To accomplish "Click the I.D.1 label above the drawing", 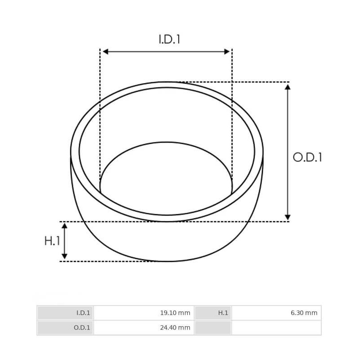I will tap(169, 39).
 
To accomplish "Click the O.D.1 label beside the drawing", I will tap(307, 157).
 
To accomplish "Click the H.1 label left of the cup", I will tap(52, 241).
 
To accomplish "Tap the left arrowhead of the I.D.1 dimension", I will tap(105, 52).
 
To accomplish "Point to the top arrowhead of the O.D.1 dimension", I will tap(288, 86).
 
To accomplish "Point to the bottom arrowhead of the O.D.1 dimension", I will tap(288, 217).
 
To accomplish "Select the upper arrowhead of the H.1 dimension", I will tap(64, 226).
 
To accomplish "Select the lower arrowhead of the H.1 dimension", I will tap(64, 256).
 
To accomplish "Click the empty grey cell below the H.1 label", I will tap(213, 328).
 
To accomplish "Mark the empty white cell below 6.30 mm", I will tap(276, 328).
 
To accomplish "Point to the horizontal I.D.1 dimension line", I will tap(166, 52).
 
